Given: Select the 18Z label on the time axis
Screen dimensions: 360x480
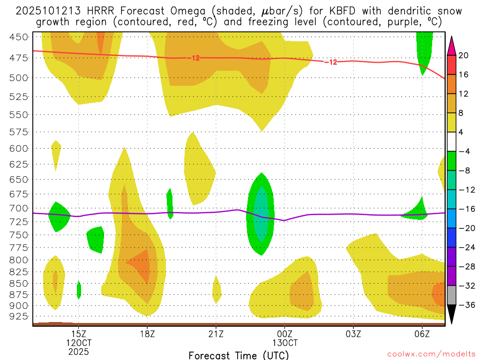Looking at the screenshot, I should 147,334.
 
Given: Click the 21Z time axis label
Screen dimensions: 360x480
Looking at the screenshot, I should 216,334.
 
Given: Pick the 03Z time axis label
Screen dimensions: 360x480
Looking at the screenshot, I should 353,334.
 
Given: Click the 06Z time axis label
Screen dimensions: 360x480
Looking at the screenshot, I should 422,334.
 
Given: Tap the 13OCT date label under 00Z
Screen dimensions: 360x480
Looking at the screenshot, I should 285,343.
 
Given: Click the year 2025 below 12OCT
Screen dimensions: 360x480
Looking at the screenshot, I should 78,351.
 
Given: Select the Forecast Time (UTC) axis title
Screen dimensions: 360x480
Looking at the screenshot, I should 239,355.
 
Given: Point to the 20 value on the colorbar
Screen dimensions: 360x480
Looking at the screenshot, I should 464,55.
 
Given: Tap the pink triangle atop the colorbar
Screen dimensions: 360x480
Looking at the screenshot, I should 452,45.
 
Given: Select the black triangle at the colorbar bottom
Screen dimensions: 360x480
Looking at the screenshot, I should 452,317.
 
